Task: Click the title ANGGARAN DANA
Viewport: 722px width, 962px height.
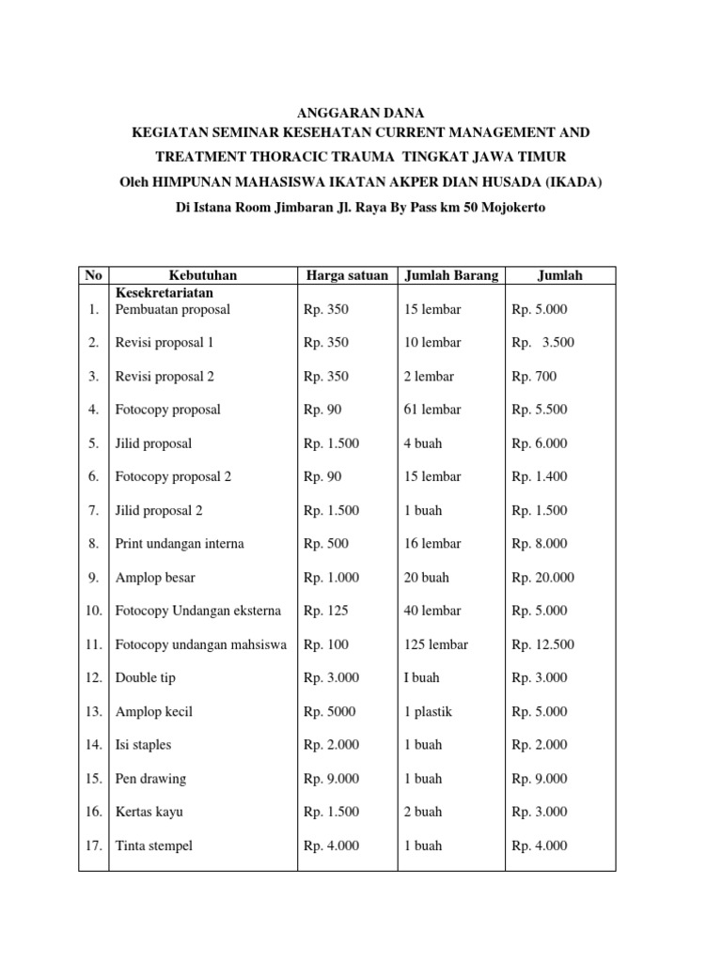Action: coord(361,113)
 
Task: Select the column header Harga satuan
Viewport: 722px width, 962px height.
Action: coord(347,275)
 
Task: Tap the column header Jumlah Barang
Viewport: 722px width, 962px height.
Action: coord(451,275)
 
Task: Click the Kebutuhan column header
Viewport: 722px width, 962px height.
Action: coord(203,275)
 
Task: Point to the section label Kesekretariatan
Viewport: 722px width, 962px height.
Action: coord(165,291)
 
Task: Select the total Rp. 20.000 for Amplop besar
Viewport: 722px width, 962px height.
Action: coord(542,578)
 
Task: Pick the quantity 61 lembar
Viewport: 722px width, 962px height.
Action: coord(432,410)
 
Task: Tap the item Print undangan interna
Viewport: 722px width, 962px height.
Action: coord(180,544)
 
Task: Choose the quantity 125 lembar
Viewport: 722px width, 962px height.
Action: coord(436,644)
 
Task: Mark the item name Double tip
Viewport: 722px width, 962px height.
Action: coord(145,678)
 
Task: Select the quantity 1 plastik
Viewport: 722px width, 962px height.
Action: coord(428,712)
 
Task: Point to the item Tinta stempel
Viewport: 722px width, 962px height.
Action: coord(153,846)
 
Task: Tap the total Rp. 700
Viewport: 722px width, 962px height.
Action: coord(534,377)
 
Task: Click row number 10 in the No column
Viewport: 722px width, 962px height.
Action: coord(94,612)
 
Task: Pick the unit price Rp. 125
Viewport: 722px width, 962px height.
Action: coord(326,612)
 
